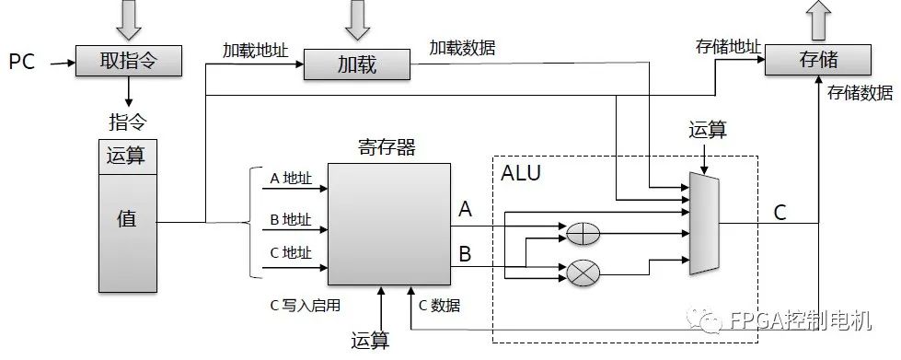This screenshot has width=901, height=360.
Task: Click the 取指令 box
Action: [129, 61]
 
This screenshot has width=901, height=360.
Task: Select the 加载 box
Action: [357, 65]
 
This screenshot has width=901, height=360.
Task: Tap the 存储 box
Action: [818, 60]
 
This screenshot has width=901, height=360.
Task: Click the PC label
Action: [22, 62]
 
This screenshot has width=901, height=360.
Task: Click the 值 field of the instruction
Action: [126, 219]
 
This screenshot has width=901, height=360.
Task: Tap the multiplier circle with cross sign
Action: [581, 272]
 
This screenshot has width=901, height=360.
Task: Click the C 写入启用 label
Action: [305, 305]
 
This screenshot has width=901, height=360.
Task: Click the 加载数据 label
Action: [462, 48]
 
